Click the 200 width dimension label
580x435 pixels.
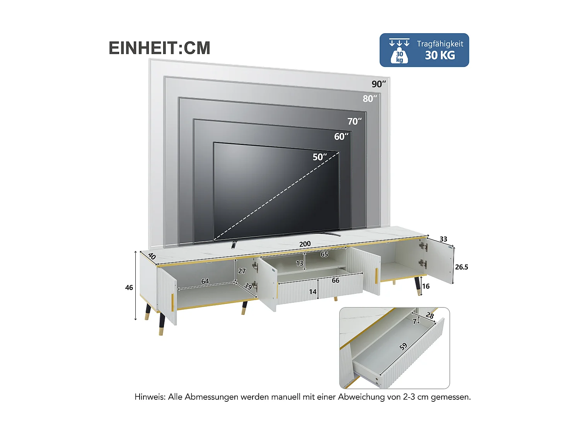pyautogui.click(x=305, y=244)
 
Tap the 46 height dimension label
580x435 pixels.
pyautogui.click(x=129, y=288)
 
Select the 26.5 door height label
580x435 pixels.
pyautogui.click(x=461, y=267)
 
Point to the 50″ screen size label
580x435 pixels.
pyautogui.click(x=319, y=157)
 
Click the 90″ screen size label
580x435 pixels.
pyautogui.click(x=379, y=84)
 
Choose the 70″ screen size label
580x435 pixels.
pyautogui.click(x=354, y=121)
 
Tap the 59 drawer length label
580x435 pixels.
pyautogui.click(x=403, y=346)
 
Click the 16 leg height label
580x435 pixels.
pyautogui.click(x=426, y=286)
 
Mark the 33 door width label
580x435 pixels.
pyautogui.click(x=443, y=239)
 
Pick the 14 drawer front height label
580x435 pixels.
pyautogui.click(x=313, y=292)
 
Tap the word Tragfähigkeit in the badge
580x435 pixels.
pyautogui.click(x=440, y=44)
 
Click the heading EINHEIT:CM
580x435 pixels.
pyautogui.click(x=159, y=48)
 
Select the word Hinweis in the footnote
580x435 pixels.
pyautogui.click(x=150, y=397)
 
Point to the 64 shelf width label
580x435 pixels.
pyautogui.click(x=205, y=281)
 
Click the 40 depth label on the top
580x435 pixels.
pyautogui.click(x=152, y=256)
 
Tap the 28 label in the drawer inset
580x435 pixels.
pyautogui.click(x=430, y=316)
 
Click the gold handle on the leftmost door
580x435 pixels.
pyautogui.click(x=172, y=302)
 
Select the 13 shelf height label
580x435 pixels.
pyautogui.click(x=300, y=263)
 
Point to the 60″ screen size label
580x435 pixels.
pyautogui.click(x=341, y=136)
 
